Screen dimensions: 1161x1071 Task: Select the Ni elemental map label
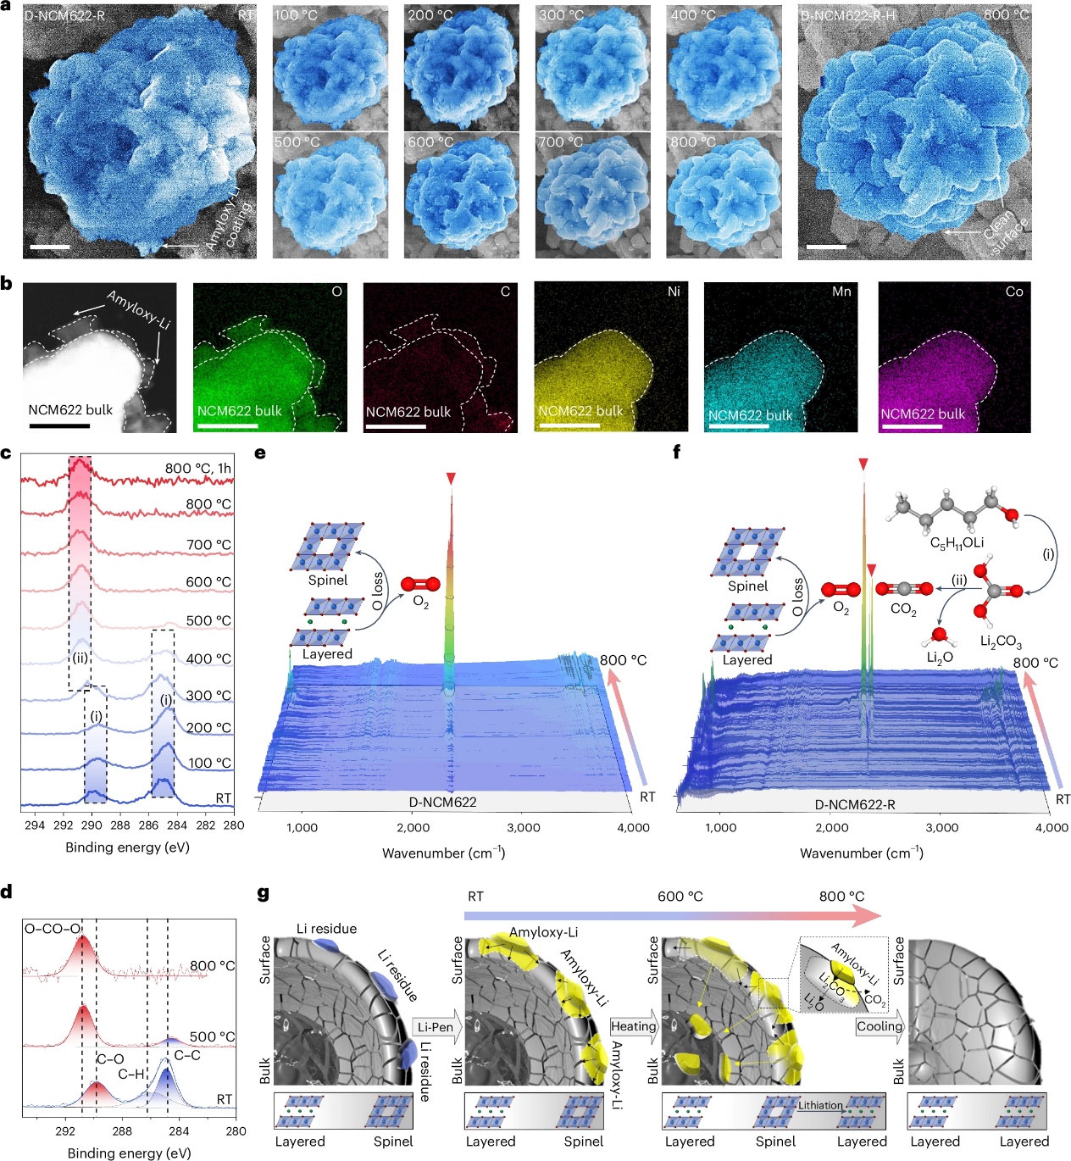point(674,292)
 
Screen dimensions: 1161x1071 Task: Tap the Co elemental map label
point(1014,292)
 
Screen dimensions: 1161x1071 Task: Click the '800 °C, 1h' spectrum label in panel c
point(197,469)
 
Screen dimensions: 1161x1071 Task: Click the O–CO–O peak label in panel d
point(52,929)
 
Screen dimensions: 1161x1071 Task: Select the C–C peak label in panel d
point(187,1055)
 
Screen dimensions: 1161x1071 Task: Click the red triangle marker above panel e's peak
point(452,480)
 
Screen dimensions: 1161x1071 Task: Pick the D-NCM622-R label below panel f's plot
point(855,804)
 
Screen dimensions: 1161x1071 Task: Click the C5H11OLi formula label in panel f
point(957,543)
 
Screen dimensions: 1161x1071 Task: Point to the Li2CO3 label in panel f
point(1001,642)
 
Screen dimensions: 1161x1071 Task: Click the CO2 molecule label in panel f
point(903,609)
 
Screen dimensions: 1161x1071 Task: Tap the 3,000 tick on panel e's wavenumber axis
point(524,828)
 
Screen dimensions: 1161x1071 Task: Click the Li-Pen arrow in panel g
point(436,1027)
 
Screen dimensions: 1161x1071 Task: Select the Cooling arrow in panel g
point(880,1026)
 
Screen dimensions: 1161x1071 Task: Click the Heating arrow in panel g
point(634,1026)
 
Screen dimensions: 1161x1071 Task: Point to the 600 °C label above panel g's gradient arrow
point(680,897)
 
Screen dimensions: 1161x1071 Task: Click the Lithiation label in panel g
point(820,1105)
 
